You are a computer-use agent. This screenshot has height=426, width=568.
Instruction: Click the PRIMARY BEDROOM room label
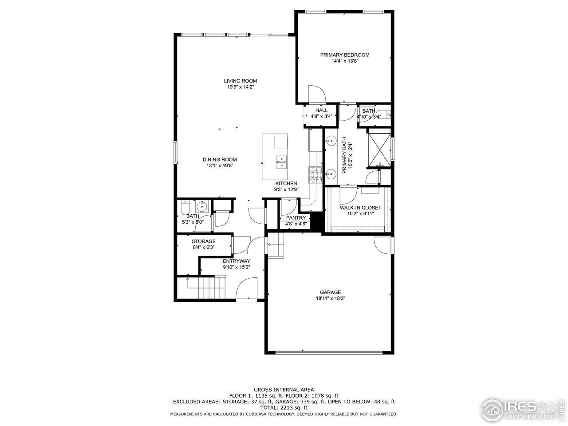pos(344,55)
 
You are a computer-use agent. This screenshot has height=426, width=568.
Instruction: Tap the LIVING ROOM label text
pos(240,81)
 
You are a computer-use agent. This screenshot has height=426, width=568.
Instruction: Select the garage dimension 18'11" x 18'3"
pos(331,299)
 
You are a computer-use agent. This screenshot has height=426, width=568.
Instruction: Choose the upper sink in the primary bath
pos(331,141)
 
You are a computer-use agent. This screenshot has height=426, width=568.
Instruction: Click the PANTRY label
pos(296,218)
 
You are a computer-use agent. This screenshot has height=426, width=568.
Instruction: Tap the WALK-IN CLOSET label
pos(360,208)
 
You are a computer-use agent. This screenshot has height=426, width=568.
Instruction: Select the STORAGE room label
pos(204,241)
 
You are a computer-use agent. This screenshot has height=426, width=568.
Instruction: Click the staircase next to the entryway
pos(207,288)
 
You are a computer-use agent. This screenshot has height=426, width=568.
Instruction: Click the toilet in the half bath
pos(185,206)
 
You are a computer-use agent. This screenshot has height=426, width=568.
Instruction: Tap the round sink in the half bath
pos(202,206)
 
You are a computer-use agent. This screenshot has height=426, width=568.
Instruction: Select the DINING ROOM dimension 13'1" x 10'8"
pos(220,166)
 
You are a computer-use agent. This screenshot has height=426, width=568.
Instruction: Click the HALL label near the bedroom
pos(321,110)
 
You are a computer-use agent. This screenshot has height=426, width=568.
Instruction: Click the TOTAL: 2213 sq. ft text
pos(284,407)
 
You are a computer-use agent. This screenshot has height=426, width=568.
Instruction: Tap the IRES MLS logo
pos(524,408)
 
